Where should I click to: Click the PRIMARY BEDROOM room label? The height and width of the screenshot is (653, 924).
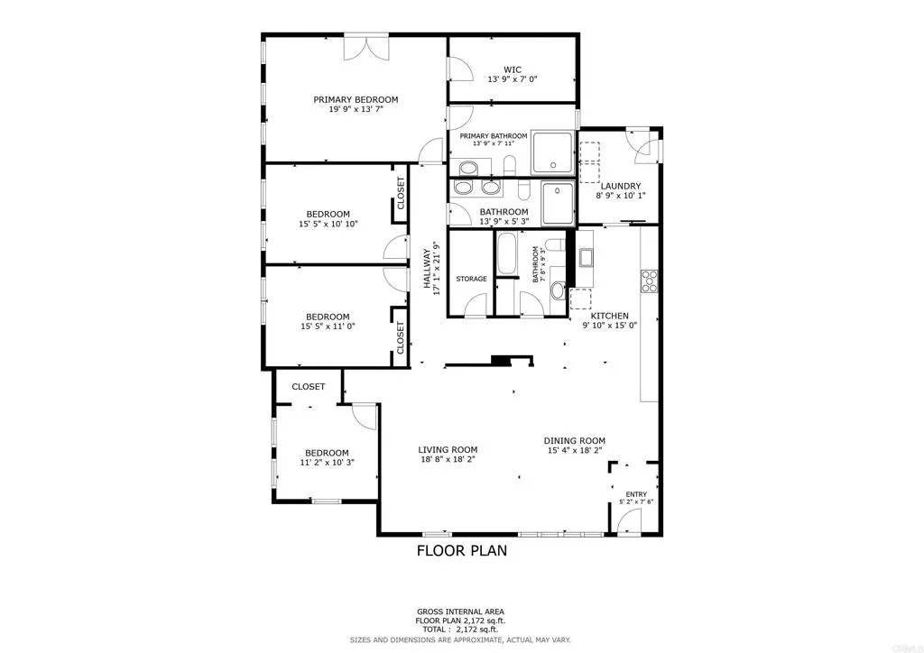[x=356, y=100]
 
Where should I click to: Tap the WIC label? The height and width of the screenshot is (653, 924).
[x=513, y=69]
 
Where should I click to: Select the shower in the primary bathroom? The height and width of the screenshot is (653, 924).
[x=552, y=151]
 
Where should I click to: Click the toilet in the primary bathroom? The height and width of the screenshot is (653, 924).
[x=509, y=165]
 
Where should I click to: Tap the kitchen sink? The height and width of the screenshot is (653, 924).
[x=586, y=258]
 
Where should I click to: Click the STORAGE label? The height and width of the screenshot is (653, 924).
[x=471, y=279]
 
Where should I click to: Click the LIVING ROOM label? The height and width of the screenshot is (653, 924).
[x=448, y=449]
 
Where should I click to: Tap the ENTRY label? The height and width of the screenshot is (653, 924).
[x=637, y=494]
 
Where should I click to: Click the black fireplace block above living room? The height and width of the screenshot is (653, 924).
[x=500, y=361]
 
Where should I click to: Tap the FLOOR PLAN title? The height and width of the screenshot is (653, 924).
[x=461, y=550]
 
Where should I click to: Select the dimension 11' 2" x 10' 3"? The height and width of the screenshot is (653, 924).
[x=327, y=463]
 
